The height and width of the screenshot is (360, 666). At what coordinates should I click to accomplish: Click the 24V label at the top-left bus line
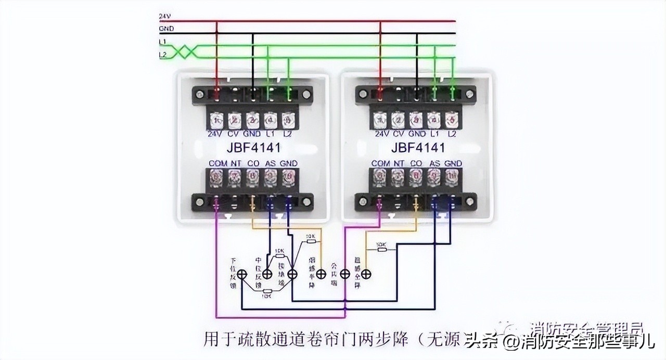(165, 16)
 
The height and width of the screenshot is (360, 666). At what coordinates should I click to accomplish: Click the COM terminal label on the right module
(381, 163)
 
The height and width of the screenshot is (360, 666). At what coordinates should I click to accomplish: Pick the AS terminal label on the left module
(270, 163)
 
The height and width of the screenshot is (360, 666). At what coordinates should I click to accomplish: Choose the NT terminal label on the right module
(399, 163)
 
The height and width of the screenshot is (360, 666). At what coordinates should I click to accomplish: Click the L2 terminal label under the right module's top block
(452, 134)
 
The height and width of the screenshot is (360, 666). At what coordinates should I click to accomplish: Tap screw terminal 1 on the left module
(216, 120)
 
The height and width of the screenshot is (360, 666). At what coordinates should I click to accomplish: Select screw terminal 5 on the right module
(452, 120)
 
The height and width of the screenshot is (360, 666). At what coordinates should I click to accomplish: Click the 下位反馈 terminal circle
(242, 274)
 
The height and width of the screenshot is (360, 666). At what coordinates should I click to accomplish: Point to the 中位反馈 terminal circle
(267, 274)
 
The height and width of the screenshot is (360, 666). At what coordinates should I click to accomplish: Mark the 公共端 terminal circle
(344, 274)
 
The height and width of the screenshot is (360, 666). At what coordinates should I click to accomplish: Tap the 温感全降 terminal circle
(366, 274)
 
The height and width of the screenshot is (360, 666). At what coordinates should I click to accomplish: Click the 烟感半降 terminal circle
(321, 274)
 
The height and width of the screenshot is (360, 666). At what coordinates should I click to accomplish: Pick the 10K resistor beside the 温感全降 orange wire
(381, 249)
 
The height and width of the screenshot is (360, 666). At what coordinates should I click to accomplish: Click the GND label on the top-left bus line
(166, 29)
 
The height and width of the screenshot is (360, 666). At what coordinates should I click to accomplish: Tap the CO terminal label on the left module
(253, 163)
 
